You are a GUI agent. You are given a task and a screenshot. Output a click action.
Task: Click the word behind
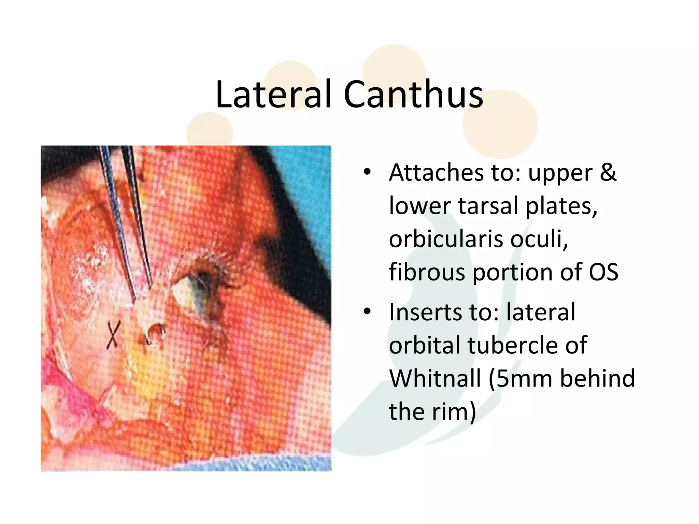[x=598, y=378]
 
